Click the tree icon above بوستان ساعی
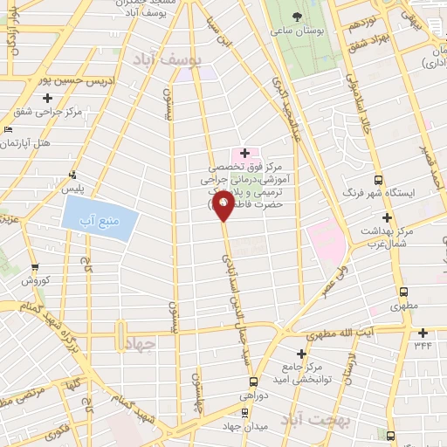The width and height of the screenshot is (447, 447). click(x=297, y=17)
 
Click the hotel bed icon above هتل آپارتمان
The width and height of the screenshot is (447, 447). click(x=9, y=129)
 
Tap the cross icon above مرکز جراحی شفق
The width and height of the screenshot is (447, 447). click(x=47, y=98)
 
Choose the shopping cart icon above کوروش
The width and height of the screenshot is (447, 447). click(x=34, y=267)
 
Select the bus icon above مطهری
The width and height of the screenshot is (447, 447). click(x=402, y=292)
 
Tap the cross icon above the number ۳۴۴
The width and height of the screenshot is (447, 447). click(x=423, y=333)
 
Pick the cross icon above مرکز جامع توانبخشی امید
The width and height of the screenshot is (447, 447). click(x=301, y=354)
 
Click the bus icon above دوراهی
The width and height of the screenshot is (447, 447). click(x=254, y=382)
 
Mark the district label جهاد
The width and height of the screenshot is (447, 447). click(x=139, y=343)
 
